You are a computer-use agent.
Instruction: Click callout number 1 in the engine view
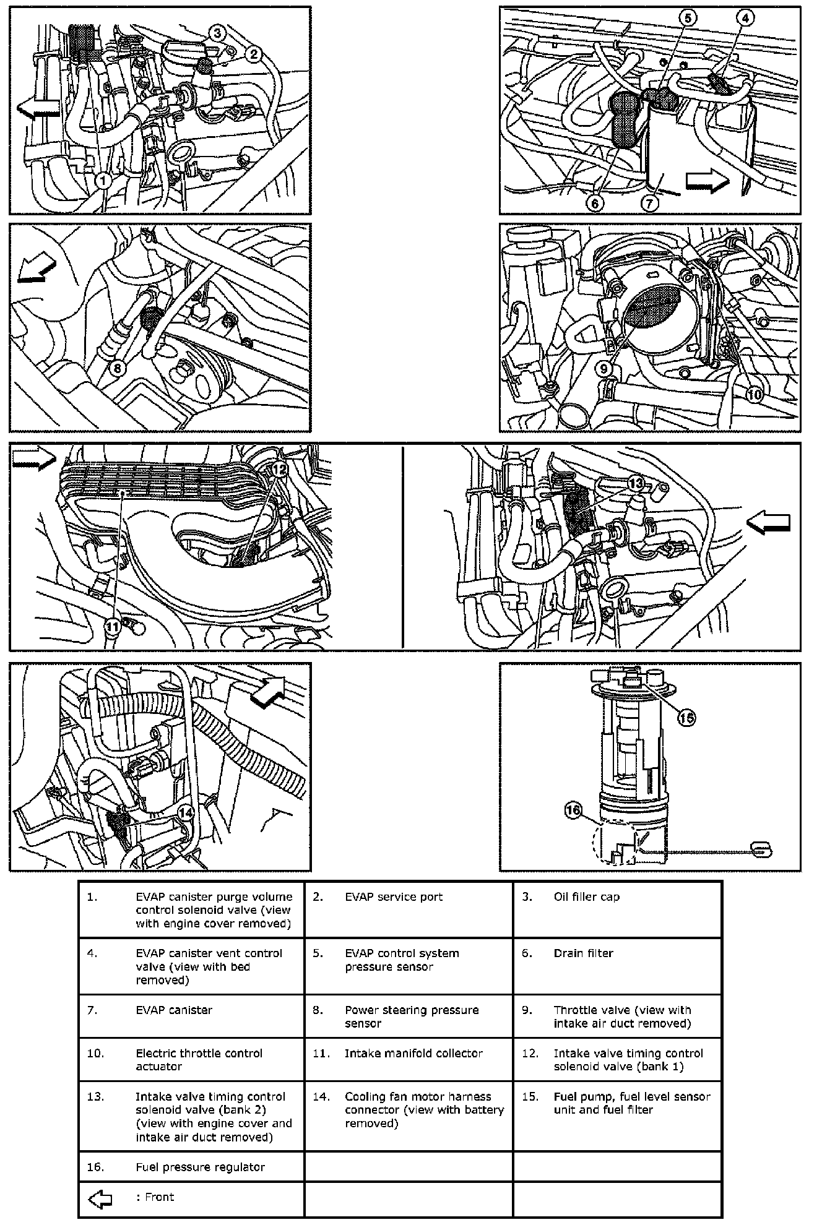click(x=102, y=181)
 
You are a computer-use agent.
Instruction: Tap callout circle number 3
click(x=218, y=33)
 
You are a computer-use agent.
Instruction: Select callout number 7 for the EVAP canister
click(x=649, y=202)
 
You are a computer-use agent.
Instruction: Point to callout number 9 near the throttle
click(x=605, y=369)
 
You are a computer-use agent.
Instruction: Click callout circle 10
click(x=754, y=395)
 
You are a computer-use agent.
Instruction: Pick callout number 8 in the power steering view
click(x=118, y=367)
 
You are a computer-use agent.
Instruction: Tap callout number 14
click(x=185, y=812)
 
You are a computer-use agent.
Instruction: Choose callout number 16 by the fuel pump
click(x=574, y=810)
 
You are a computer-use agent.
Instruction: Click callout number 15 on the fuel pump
click(x=686, y=718)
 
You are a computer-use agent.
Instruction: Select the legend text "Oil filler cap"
click(x=586, y=897)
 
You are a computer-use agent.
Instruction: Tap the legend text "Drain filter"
click(x=583, y=953)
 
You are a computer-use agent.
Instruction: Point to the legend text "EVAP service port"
click(x=394, y=897)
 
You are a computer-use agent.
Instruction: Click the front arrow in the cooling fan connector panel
click(x=268, y=690)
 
